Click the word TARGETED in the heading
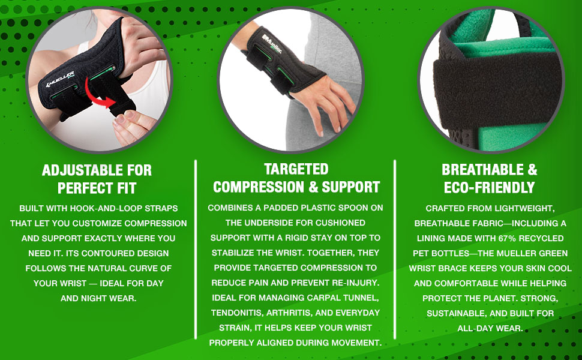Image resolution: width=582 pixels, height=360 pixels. pos(296,169)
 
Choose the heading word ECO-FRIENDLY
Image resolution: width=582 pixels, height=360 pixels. pos(489,187)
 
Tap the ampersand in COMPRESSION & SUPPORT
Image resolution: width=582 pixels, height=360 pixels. pos(311,187)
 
